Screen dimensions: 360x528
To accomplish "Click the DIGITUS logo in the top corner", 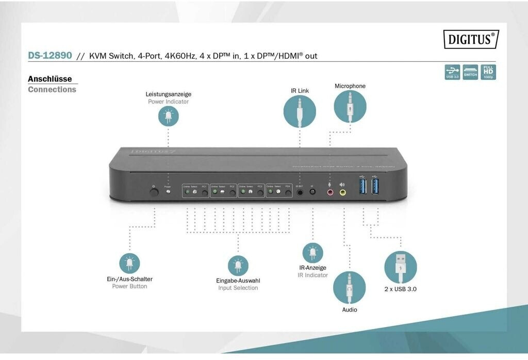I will click(471, 39).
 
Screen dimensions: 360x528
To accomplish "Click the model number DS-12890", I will click(49, 55).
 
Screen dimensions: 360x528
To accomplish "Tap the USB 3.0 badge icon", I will click(452, 72).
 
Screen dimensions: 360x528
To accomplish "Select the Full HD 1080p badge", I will click(488, 72).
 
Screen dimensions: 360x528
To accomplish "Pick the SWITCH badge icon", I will click(470, 72).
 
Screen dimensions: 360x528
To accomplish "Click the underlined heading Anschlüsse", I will click(49, 79).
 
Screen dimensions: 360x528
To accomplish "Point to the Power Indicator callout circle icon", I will click(168, 116).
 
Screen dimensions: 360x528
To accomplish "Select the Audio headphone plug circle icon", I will click(349, 287).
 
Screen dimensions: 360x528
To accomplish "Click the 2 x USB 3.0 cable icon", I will click(400, 267).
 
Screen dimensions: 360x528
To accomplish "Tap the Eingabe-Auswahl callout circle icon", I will click(238, 265).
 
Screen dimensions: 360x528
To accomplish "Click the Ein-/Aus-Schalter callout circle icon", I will click(129, 263).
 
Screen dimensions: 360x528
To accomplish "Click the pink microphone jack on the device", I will click(330, 192).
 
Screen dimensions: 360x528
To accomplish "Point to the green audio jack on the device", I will click(342, 192).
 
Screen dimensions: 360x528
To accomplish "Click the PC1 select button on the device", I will click(205, 192).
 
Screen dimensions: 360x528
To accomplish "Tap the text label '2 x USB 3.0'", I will click(400, 289).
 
